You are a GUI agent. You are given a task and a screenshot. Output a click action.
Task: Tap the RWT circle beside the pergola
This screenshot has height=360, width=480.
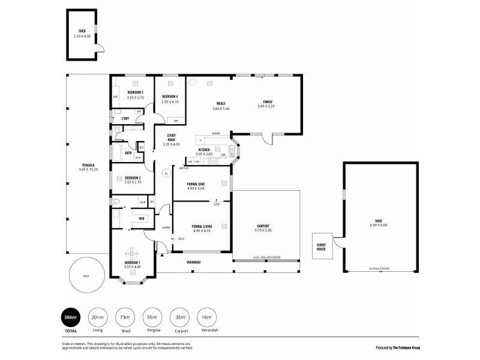click(x=86, y=276)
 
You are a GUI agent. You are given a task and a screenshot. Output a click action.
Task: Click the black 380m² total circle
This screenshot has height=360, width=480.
click(x=70, y=318)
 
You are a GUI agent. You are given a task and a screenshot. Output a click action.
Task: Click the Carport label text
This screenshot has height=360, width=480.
click(x=265, y=227)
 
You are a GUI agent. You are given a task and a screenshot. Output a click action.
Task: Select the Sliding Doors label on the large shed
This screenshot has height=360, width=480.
click(x=379, y=268)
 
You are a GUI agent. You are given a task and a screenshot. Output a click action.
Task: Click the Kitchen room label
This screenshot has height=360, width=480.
click(x=204, y=150)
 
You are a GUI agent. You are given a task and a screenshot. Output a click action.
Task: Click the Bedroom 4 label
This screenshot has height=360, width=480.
click(x=170, y=97)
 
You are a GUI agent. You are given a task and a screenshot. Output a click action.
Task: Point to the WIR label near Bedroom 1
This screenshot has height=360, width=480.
click(x=142, y=219)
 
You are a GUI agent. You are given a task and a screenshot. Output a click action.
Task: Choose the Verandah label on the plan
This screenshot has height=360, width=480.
click(x=192, y=262)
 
